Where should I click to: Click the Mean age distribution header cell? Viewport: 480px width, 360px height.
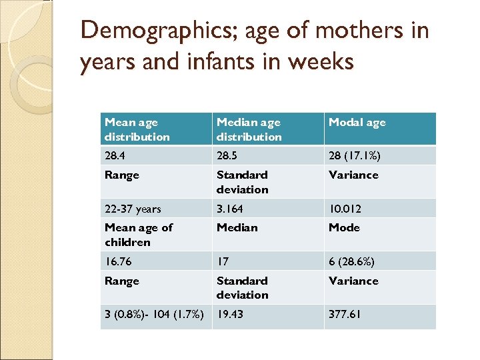(137, 129)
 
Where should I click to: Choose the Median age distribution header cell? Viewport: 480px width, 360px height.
(249, 129)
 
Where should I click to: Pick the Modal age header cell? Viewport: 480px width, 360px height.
(357, 122)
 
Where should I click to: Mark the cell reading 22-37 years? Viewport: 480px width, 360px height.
(133, 209)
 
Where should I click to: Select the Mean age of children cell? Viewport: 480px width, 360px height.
(138, 235)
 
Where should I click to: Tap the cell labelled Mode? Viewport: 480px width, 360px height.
(343, 227)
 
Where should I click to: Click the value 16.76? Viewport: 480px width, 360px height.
(118, 261)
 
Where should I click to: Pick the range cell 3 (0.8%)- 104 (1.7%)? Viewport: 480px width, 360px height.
(154, 315)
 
